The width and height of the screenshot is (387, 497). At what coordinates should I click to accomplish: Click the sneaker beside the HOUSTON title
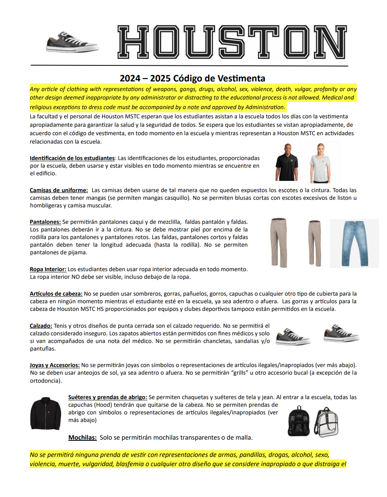[x=72, y=42]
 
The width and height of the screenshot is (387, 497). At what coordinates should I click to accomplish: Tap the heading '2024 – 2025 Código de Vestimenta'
[x=192, y=78]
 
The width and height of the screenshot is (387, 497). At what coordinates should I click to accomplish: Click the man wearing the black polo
[x=287, y=162]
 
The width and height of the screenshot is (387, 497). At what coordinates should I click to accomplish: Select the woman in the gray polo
[x=320, y=162]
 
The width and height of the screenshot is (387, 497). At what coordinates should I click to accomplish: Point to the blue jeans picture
[x=354, y=243]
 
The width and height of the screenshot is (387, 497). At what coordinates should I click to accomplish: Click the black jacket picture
[x=45, y=414]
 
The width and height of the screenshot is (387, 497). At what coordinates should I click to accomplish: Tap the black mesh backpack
[x=299, y=421]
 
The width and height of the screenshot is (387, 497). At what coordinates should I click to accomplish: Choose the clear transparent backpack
[x=326, y=422]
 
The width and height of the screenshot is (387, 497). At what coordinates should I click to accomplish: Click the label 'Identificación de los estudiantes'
[x=72, y=158]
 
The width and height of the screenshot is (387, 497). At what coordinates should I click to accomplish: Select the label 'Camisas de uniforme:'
[x=59, y=190]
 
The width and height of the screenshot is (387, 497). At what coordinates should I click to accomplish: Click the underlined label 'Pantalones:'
[x=45, y=222]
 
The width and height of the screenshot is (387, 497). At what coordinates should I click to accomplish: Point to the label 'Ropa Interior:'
[x=48, y=269]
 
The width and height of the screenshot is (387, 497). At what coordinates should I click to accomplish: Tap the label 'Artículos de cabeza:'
[x=56, y=294]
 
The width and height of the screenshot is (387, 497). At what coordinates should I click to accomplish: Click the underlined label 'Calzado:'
[x=41, y=326]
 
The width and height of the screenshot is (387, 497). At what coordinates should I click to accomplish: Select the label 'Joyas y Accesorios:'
[x=55, y=365]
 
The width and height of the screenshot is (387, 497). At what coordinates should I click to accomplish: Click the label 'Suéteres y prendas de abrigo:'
[x=108, y=397]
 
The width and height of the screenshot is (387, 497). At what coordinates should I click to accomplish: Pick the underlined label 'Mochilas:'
[x=82, y=438]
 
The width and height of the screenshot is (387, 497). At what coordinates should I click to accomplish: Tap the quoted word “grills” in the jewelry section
[x=240, y=373]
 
